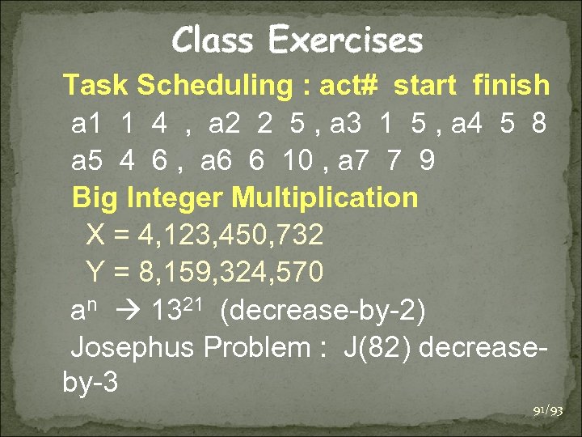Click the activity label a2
(x=223, y=125)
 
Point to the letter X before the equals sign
(x=95, y=235)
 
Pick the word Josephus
(x=133, y=348)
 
